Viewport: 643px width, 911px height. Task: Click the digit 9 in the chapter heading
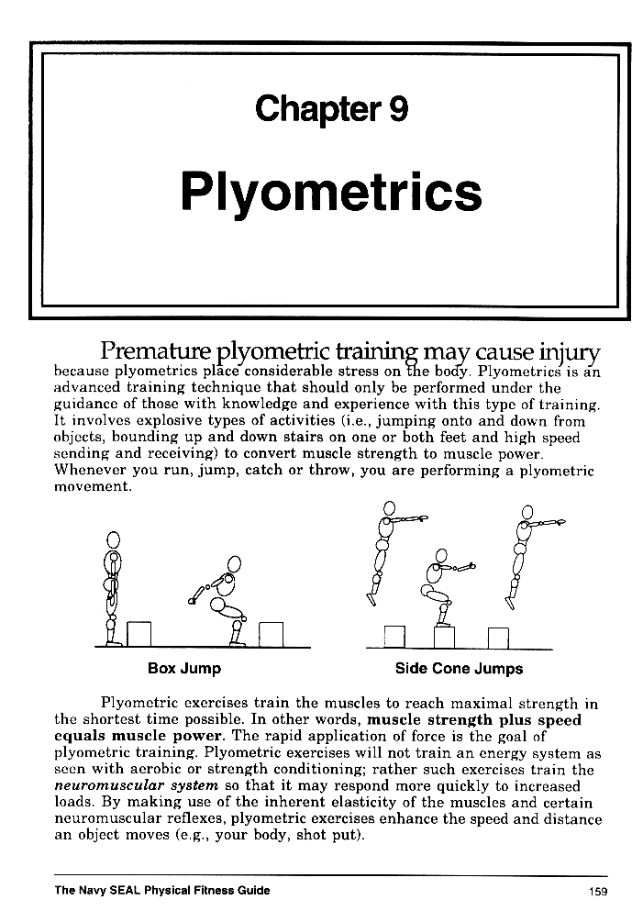(397, 110)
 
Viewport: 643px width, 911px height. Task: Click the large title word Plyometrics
(331, 193)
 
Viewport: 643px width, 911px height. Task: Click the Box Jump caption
(184, 669)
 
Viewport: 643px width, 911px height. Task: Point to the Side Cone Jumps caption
(459, 669)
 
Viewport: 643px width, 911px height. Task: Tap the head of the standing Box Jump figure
(113, 540)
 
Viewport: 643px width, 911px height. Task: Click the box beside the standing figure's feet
(139, 634)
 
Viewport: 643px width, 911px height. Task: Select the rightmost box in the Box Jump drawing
(272, 634)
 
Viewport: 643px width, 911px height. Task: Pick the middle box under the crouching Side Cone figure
(444, 638)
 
